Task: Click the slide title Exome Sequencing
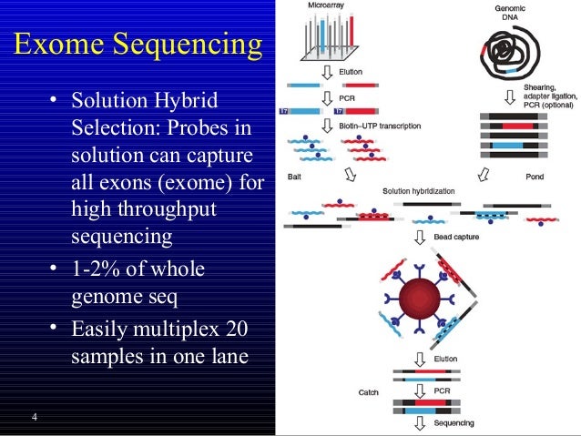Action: [x=139, y=43]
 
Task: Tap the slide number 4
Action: [x=34, y=418]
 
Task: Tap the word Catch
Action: [x=370, y=392]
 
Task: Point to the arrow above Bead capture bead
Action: [x=421, y=237]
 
